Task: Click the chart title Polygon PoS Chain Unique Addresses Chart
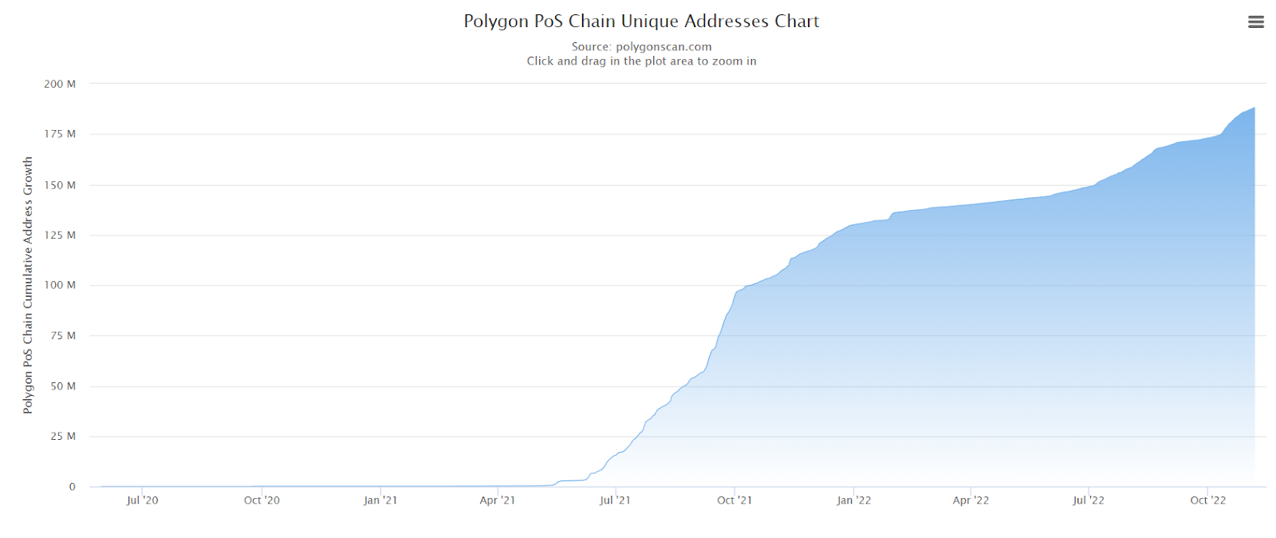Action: tap(641, 22)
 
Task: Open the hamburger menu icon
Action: tap(1255, 22)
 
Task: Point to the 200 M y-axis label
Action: tap(60, 84)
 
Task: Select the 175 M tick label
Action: tap(60, 134)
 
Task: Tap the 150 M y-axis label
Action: tap(60, 185)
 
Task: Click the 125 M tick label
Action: tap(60, 235)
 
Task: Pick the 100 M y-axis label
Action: tap(60, 285)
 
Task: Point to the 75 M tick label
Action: tap(63, 336)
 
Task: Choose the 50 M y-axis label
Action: tap(63, 386)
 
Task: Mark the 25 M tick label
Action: tap(63, 437)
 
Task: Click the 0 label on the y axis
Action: tap(72, 487)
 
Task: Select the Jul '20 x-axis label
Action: tap(142, 500)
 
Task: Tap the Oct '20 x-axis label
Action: tap(262, 500)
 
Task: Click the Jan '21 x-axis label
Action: tap(380, 500)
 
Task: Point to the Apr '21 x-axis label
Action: tap(497, 500)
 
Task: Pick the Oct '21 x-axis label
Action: tap(734, 500)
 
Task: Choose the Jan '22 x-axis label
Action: tap(853, 500)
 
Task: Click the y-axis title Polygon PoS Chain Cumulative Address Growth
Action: tap(28, 285)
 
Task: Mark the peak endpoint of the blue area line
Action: tap(1254, 108)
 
